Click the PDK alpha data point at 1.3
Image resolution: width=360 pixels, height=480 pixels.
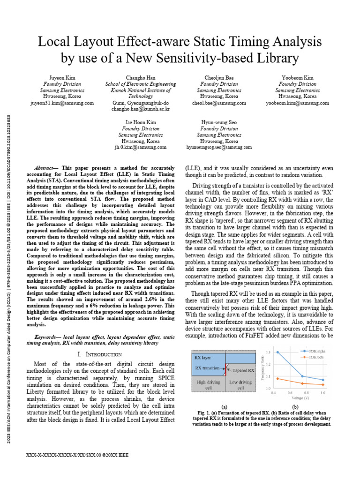277,352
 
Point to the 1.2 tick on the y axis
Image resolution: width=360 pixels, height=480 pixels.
268,364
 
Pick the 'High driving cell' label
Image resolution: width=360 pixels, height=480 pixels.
208,385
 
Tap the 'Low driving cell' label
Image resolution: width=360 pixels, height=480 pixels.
240,385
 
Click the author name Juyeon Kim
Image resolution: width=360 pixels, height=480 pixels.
62,77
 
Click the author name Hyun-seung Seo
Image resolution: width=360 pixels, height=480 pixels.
219,122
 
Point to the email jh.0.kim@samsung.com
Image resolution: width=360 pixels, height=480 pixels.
140,147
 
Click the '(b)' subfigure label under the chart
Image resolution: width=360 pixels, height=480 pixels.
295,406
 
